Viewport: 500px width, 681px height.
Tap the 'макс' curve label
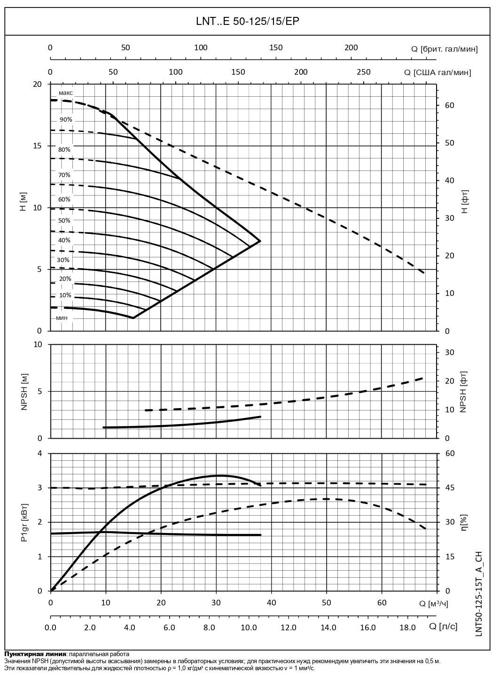(66, 93)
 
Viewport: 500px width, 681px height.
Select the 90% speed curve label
(66, 120)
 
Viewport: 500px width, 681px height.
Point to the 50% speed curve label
(64, 221)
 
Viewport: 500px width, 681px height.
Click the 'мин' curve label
(62, 318)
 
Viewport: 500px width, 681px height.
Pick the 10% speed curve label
(65, 295)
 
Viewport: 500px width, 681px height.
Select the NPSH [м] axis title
(25, 392)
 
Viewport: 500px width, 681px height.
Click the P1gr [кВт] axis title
(24, 523)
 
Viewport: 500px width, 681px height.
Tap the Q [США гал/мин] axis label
(437, 72)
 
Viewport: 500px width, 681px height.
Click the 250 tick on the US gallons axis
(363, 72)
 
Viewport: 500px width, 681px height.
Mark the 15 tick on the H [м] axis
(36, 146)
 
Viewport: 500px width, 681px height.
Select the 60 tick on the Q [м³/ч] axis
(382, 603)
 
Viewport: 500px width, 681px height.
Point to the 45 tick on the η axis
(450, 488)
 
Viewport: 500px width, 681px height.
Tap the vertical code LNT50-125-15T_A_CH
(479, 594)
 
